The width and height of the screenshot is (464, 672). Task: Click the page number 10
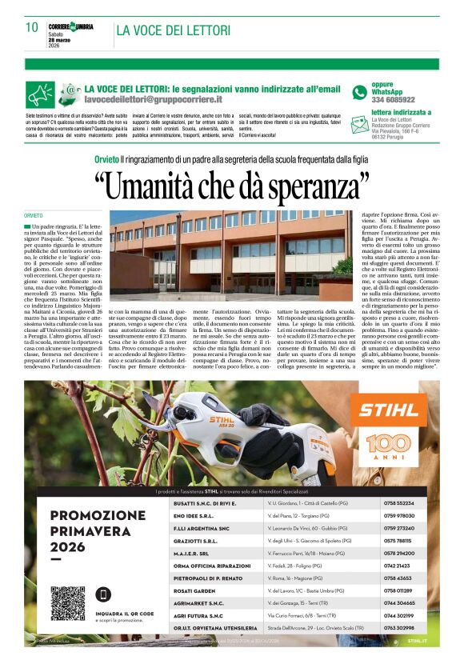[x=32, y=27]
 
